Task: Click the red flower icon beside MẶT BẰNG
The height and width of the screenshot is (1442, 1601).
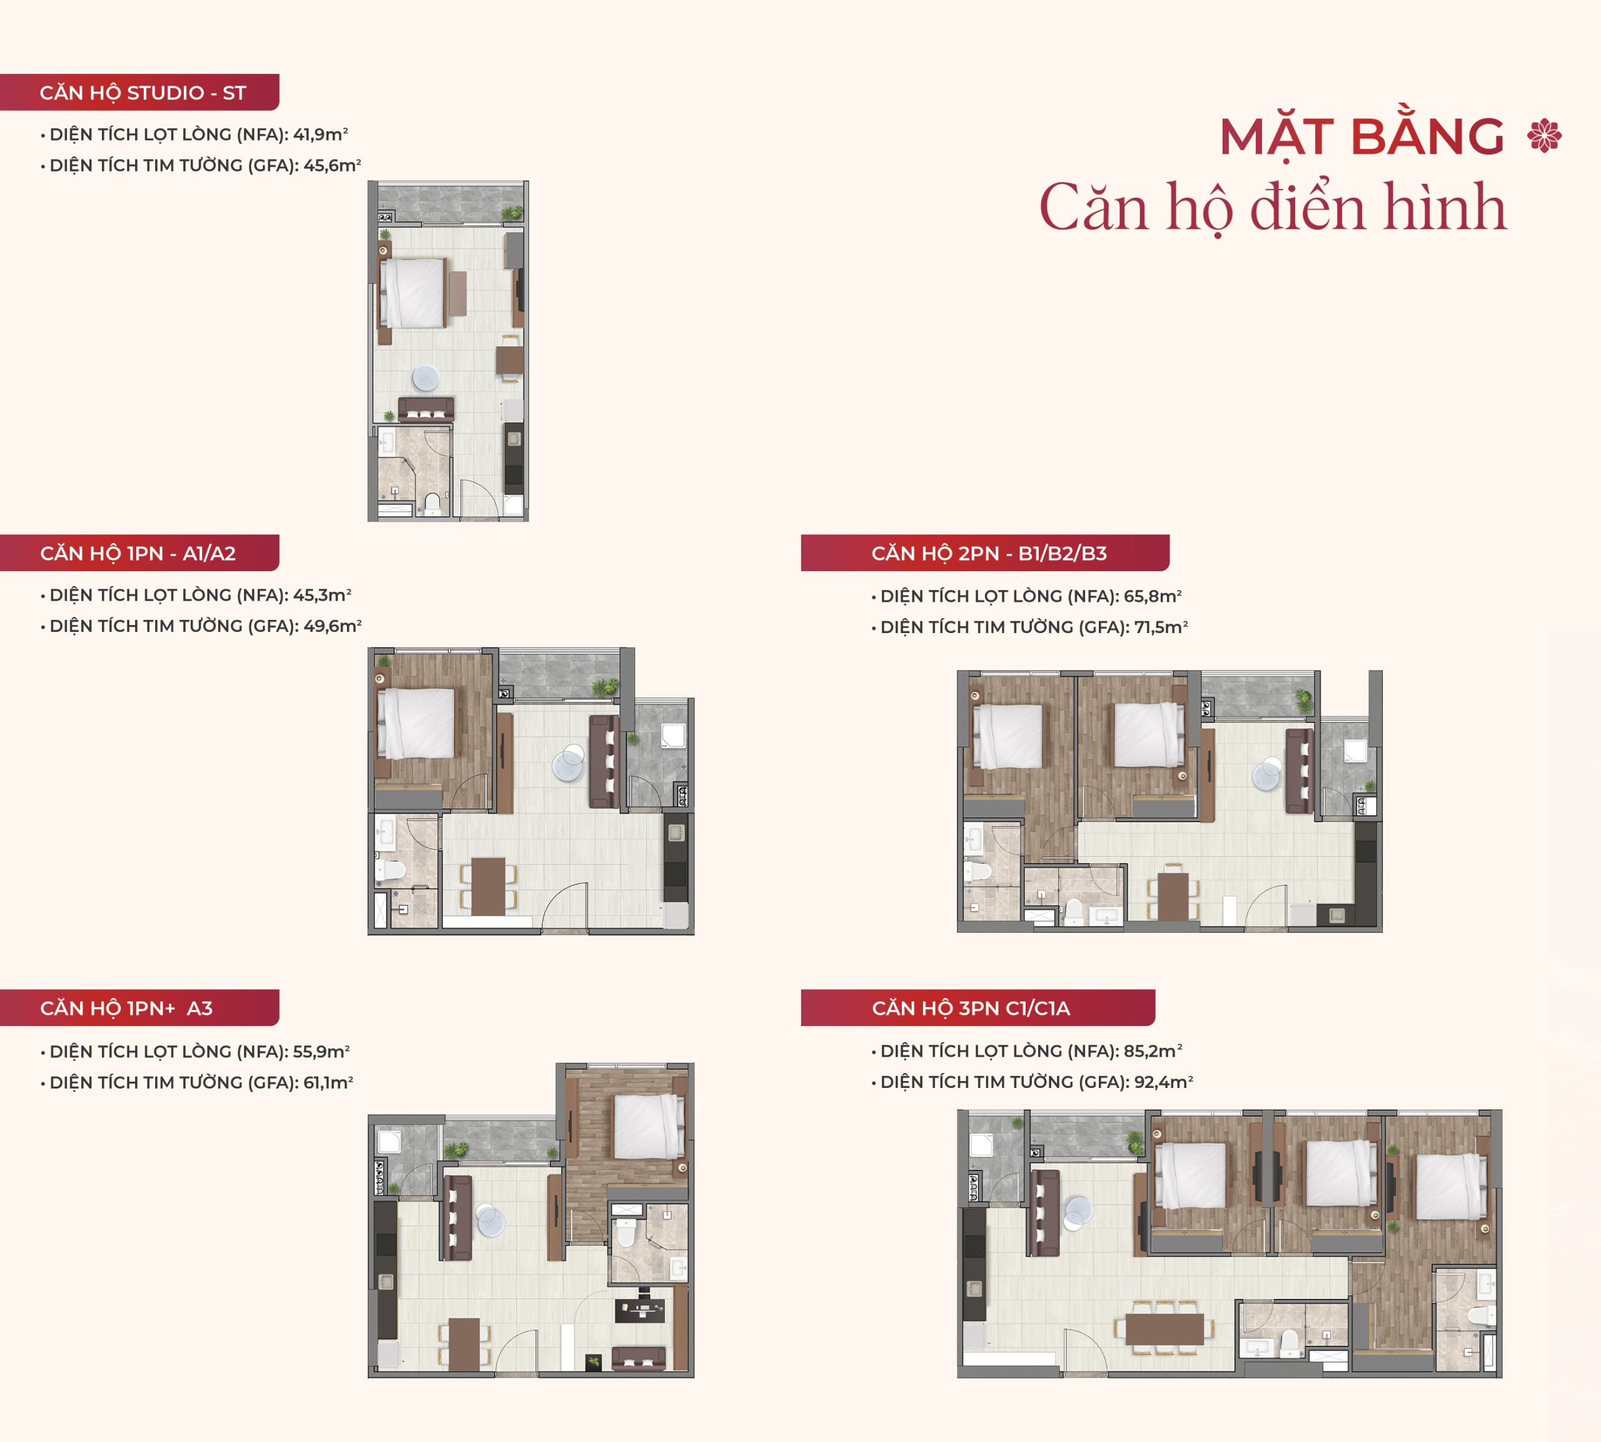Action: pos(1544,136)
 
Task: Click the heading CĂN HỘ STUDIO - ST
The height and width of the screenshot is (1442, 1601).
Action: pos(143,93)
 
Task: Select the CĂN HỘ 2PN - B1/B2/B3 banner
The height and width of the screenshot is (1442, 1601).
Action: pos(985,553)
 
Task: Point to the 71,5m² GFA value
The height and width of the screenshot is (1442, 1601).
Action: pos(1161,627)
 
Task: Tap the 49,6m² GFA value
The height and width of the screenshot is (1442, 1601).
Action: pos(333,626)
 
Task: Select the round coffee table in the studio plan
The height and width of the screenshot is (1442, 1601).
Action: pos(425,378)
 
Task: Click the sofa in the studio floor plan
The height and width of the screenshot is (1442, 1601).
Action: pos(426,409)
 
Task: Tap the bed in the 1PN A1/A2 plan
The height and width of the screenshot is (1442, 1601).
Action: pos(417,723)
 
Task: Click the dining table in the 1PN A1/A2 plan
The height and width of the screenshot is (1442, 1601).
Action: pos(488,886)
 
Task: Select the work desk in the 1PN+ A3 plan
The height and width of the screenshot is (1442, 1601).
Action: pos(639,1309)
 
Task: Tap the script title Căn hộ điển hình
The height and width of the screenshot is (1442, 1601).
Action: pos(1272,208)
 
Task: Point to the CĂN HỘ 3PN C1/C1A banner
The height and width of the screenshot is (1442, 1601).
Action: pos(977,1008)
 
